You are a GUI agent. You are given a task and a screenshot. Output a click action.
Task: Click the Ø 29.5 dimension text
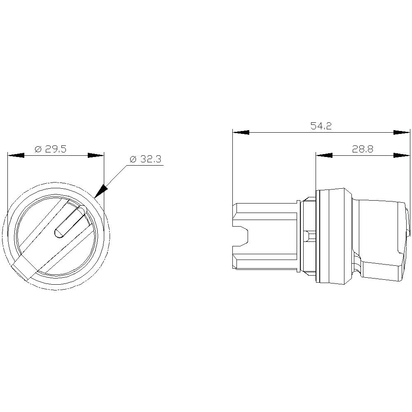coord(51,149)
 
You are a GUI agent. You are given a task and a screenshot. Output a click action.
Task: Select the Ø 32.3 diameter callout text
coord(145,159)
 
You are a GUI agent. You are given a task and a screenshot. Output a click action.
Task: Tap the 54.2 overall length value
coord(321,126)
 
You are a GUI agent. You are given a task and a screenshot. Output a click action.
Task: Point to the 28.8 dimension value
coord(363,149)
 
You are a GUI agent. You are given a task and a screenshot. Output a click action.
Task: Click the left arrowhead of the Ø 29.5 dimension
coord(16,156)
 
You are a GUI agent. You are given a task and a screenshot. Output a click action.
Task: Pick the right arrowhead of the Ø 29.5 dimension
coord(96,156)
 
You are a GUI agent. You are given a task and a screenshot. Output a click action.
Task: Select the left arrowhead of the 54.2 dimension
coord(241,133)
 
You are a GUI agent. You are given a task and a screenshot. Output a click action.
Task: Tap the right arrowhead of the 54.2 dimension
coord(402,133)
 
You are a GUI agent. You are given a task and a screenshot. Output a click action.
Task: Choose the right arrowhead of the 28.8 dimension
coord(402,155)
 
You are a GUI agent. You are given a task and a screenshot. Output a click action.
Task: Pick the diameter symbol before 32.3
coord(133,159)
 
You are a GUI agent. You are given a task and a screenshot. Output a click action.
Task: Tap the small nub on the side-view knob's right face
coord(408,234)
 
